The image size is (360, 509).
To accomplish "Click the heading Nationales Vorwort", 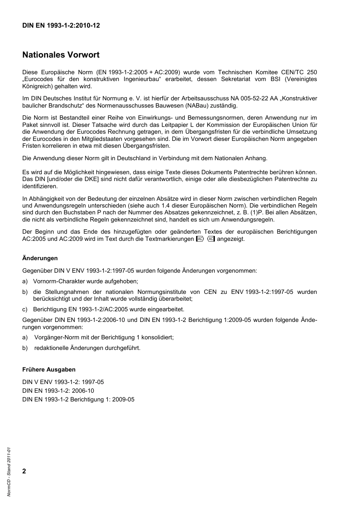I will [61, 55].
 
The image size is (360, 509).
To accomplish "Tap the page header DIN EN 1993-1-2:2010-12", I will [61, 26].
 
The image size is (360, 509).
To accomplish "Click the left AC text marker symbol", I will [200, 239].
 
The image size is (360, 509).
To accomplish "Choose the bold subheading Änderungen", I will [40, 258].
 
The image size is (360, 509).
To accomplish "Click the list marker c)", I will [25, 309].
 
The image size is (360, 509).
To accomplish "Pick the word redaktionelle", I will [51, 348].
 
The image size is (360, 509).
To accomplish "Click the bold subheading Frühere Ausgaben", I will [49, 370].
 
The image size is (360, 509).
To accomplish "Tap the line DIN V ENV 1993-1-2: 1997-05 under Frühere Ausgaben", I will [63, 382].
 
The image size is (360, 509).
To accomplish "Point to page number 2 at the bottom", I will [24, 471].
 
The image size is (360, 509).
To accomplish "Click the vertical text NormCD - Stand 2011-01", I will [9, 472].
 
